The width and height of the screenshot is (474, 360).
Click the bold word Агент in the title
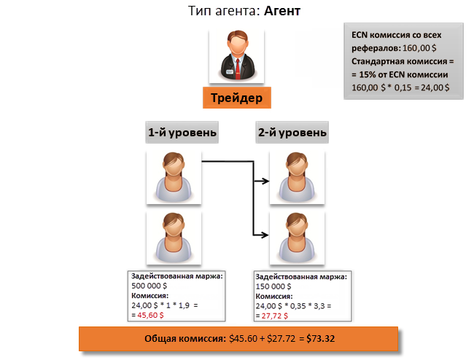click(282, 11)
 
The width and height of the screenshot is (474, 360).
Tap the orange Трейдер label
click(237, 98)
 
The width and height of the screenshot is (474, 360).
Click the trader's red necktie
click(238, 69)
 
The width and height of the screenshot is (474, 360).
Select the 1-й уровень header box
click(182, 133)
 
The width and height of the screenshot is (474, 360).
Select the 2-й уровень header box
click(292, 133)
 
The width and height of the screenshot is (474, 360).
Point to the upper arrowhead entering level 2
click(265, 181)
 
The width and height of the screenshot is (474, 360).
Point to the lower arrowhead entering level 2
click(265, 235)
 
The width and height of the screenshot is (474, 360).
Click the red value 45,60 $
click(150, 316)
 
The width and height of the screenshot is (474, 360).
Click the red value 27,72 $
click(274, 316)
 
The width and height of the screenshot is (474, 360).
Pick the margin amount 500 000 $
click(149, 286)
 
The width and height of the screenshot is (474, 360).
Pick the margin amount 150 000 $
click(273, 286)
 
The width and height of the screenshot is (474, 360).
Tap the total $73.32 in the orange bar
click(320, 339)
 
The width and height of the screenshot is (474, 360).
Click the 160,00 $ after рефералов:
click(419, 48)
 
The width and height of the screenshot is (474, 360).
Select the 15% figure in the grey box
click(368, 74)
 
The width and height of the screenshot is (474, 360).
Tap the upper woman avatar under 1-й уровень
click(174, 177)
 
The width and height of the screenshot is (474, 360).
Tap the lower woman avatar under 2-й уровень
click(297, 238)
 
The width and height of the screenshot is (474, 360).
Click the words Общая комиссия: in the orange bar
click(185, 339)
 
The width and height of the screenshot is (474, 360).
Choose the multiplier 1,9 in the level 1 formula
click(184, 305)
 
